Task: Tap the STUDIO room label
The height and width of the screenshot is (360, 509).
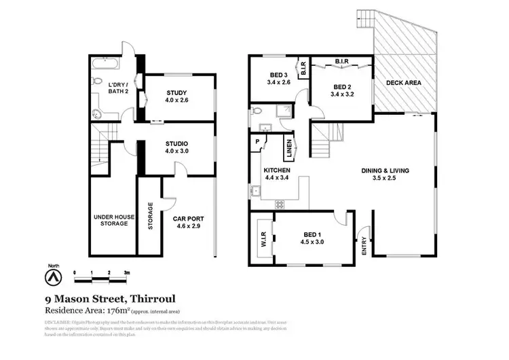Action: pos(176,143)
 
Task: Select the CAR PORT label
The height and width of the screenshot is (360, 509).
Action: pos(188,219)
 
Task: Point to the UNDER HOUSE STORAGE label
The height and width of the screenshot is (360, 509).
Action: pos(111,219)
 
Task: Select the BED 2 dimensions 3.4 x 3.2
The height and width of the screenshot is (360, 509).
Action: pos(341,95)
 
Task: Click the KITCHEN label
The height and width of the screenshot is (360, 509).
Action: pos(277,170)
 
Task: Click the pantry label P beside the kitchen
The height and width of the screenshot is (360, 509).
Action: pos(259,142)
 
